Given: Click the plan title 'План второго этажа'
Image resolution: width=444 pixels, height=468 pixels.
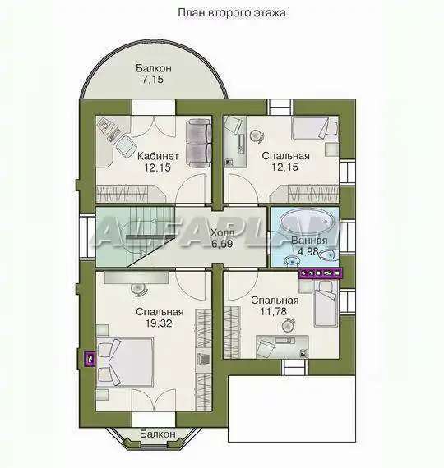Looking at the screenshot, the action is pos(232,13).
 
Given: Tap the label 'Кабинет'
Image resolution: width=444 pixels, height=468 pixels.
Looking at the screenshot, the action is pos(158,156).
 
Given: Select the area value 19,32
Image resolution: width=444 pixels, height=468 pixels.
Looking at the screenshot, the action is pos(159,323).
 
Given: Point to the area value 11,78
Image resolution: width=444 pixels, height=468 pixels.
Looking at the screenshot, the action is pos(273,311).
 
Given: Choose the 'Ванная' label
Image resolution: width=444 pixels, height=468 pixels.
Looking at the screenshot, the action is pos(309,241).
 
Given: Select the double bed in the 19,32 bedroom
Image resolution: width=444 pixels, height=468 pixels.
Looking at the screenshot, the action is pos(125,362).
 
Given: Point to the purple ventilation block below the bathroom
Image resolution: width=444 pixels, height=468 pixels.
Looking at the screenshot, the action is pos(320,273).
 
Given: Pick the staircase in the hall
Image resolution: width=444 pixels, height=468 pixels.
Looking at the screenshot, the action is pos(135,236).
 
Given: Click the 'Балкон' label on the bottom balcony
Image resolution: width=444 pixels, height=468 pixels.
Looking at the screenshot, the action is pos(158,434).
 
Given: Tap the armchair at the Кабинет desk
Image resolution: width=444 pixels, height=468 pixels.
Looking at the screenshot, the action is pos(126,145).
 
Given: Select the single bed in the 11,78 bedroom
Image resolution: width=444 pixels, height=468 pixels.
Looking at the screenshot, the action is pos(325,304).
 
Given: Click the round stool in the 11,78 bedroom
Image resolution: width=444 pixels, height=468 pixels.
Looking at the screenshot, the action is pos(289,325).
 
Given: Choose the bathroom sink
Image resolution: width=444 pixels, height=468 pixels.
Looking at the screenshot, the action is pos(292,261).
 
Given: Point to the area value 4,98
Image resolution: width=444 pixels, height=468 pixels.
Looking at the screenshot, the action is pos(308,251).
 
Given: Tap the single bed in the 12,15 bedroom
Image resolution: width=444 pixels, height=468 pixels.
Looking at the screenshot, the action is pos(315,128).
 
